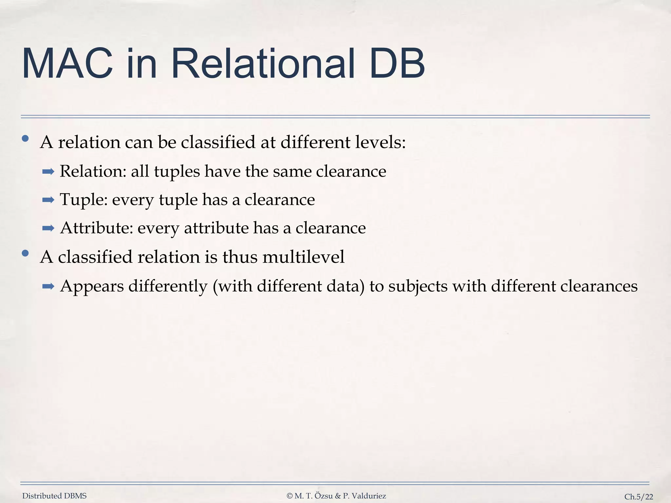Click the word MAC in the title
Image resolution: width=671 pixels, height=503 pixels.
point(67,64)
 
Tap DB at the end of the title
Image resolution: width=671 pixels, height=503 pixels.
point(396,64)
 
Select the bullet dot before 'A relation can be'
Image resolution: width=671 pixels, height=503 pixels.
point(25,139)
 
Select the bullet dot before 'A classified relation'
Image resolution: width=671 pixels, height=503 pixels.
point(25,253)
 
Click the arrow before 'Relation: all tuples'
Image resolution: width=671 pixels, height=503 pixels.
point(48,172)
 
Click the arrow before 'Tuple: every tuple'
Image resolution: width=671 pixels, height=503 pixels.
point(48,200)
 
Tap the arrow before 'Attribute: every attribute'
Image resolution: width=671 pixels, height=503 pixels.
point(48,229)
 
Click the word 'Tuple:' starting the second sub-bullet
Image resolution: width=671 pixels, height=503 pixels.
point(84,200)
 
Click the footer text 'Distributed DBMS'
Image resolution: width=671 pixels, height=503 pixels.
point(54,496)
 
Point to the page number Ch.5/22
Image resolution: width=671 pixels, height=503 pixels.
point(639,497)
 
